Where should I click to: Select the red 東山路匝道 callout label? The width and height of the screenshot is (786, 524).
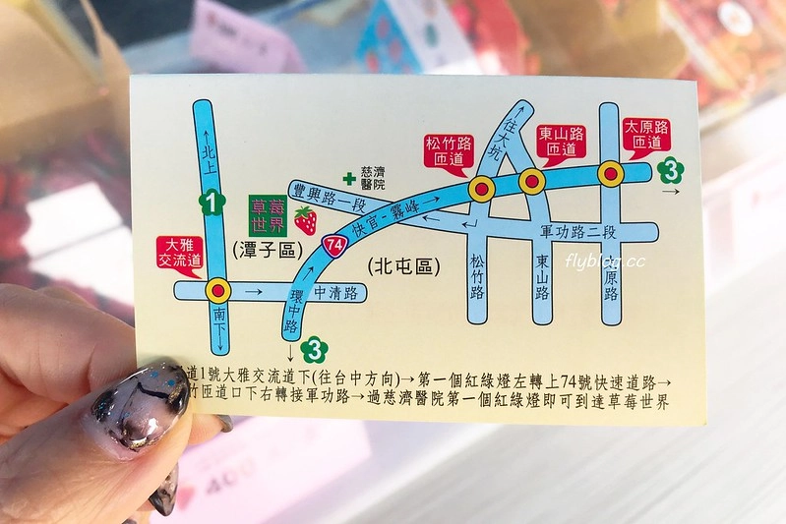click(x=562, y=143)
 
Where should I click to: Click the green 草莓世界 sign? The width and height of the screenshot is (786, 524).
click(x=269, y=213)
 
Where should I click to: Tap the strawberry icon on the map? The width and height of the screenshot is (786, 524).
click(x=306, y=221)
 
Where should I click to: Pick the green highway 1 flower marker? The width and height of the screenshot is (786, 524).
click(x=208, y=204)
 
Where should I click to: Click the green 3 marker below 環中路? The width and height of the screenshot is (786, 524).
click(x=314, y=348)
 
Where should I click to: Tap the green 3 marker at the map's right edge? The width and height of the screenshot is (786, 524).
click(x=672, y=170)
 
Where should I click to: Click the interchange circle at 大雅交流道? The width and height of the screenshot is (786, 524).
click(x=216, y=290)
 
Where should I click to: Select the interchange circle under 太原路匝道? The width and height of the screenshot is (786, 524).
click(x=612, y=174)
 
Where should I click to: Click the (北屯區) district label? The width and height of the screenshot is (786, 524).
click(x=402, y=266)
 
